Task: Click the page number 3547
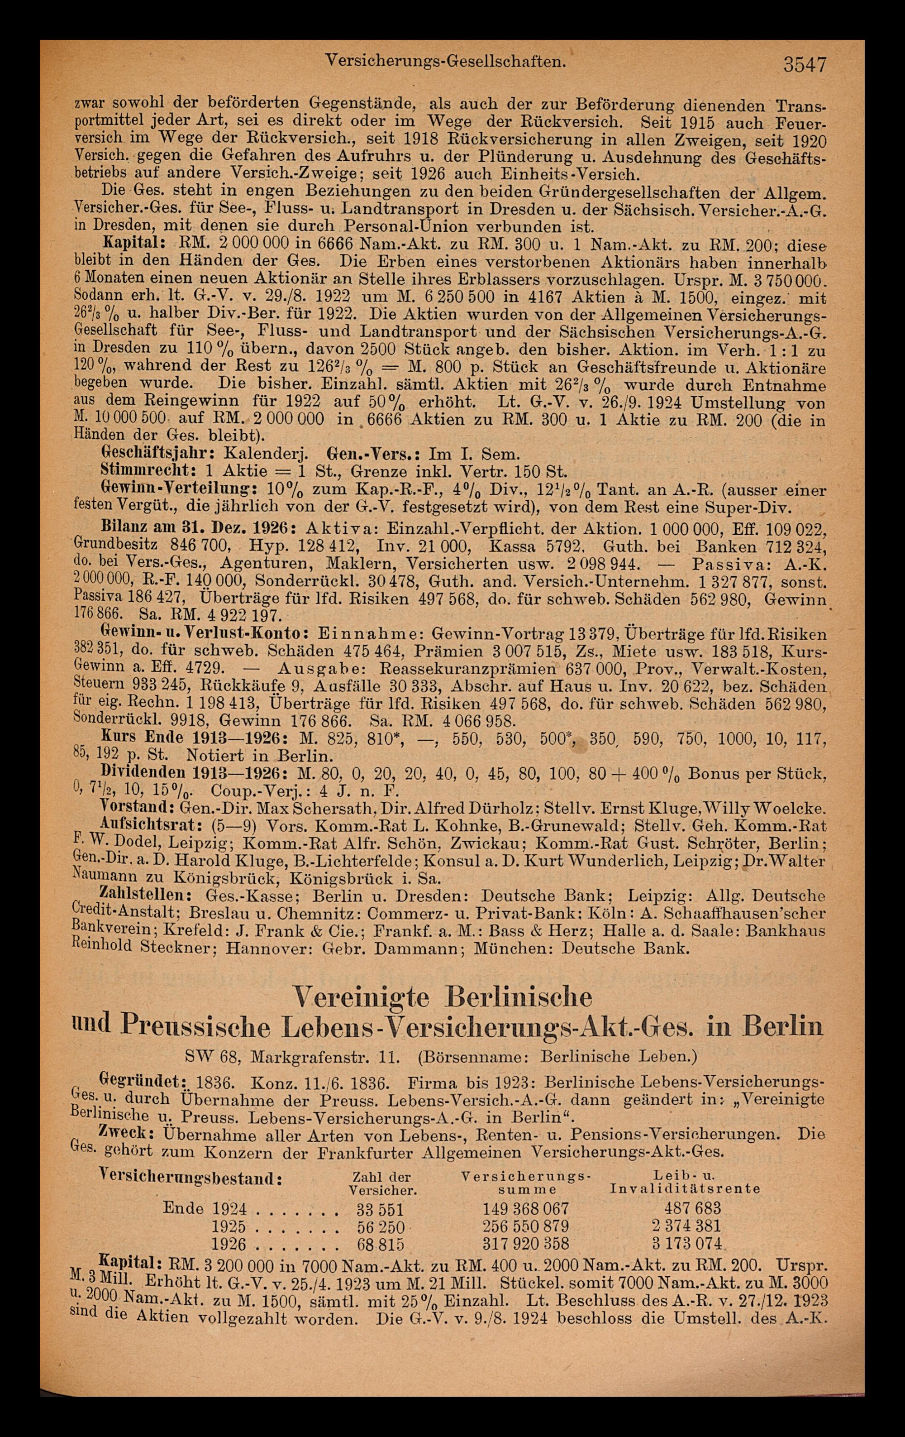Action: (x=805, y=63)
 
